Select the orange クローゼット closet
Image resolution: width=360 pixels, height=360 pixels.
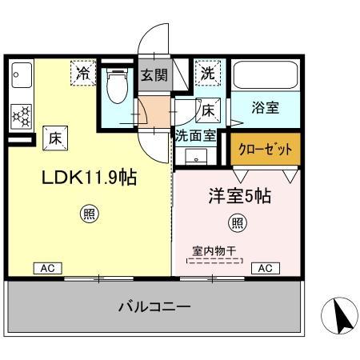coord(265,149)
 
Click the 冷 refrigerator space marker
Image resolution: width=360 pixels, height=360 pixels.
coord(83,73)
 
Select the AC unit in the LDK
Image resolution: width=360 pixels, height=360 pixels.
coord(46,269)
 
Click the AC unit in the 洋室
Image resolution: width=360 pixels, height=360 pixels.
coord(264,268)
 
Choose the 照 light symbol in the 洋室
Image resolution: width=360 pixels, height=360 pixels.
coord(238,222)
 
